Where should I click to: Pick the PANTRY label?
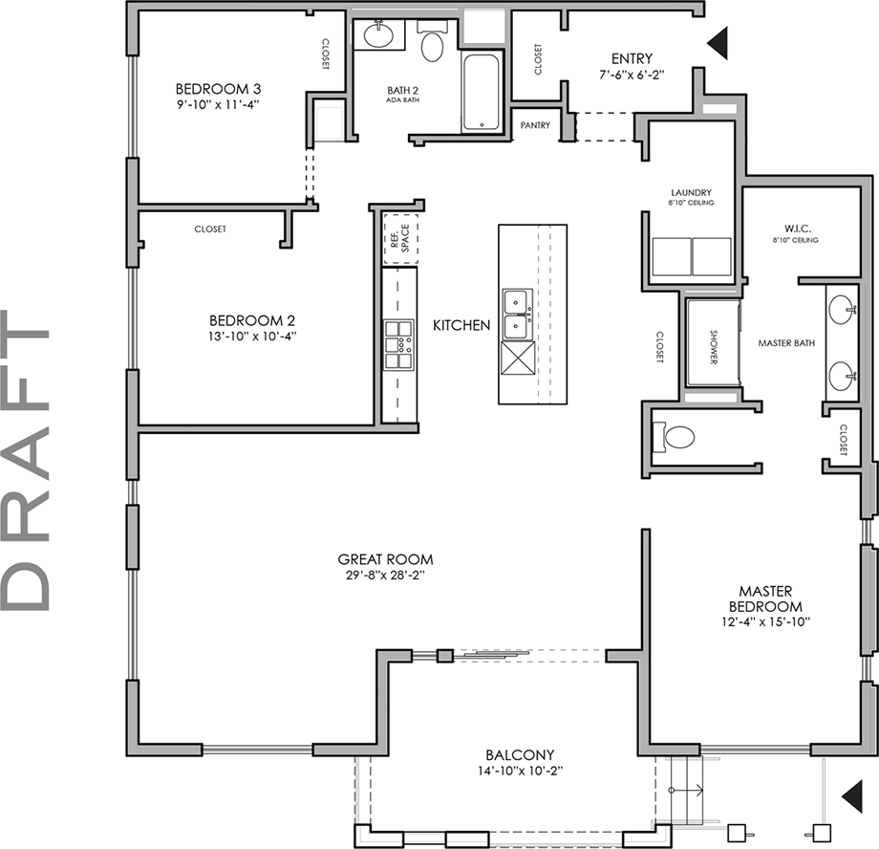(x=535, y=125)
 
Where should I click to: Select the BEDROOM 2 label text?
(x=246, y=320)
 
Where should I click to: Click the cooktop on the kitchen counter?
(x=398, y=345)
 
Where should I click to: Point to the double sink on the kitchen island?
(x=517, y=314)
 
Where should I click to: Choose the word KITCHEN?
(x=461, y=325)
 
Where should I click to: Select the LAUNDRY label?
(x=691, y=192)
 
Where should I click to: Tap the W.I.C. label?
(x=797, y=229)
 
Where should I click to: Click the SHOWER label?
(x=713, y=342)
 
